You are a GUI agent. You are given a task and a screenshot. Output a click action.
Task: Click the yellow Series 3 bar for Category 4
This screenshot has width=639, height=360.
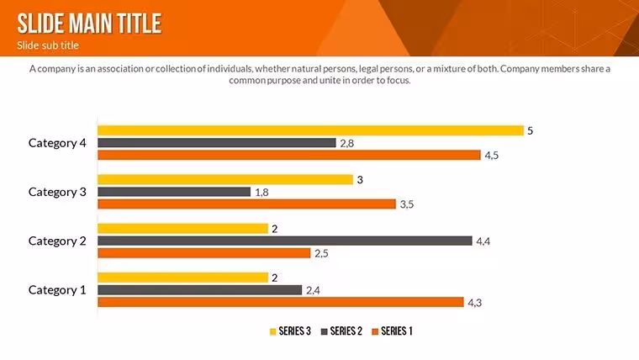[310, 130]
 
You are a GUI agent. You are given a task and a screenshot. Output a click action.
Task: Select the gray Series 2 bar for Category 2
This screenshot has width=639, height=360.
[285, 241]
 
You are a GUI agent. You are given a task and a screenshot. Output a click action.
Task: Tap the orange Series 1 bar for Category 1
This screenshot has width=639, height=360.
[281, 302]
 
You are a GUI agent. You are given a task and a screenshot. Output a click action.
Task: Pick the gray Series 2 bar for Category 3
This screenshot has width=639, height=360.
[174, 192]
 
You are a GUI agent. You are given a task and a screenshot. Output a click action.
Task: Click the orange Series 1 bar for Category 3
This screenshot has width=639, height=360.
[246, 204]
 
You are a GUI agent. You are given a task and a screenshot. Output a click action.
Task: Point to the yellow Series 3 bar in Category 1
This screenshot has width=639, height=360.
[183, 278]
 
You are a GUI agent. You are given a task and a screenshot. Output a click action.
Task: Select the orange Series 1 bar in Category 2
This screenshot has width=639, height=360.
[204, 253]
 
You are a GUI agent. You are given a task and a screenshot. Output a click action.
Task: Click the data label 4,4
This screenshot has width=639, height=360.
[483, 241]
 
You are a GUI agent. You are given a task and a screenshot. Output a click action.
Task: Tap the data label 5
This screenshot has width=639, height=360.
[531, 131]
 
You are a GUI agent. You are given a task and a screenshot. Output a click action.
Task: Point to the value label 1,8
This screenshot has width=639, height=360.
[261, 193]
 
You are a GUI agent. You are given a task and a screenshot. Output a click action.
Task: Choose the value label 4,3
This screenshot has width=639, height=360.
[475, 303]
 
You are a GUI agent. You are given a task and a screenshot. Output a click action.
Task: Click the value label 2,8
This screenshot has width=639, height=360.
[346, 144]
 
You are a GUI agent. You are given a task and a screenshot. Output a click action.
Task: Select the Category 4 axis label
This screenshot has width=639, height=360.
[57, 143]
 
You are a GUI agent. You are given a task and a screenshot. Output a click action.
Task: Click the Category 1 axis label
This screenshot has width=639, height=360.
[57, 290]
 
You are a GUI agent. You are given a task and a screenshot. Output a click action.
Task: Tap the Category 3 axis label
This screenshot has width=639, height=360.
[57, 192]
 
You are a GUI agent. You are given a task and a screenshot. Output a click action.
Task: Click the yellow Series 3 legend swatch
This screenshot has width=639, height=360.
[272, 332]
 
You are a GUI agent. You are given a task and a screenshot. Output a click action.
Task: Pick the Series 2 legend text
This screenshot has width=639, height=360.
[346, 331]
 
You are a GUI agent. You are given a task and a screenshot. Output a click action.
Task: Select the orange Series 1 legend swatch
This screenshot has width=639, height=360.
[375, 332]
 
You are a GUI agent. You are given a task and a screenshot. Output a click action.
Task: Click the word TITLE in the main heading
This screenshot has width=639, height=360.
[140, 24]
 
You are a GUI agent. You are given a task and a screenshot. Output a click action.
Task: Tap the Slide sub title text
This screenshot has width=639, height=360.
[48, 45]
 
